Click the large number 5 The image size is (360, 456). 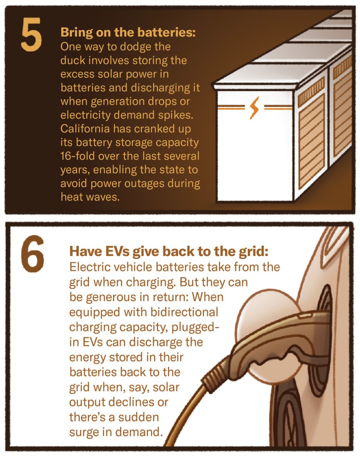31,34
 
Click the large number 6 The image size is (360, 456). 33,254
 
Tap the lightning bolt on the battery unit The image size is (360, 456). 254,108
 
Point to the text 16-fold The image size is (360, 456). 78,156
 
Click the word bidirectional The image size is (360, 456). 184,312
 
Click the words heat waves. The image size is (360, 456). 90,197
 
